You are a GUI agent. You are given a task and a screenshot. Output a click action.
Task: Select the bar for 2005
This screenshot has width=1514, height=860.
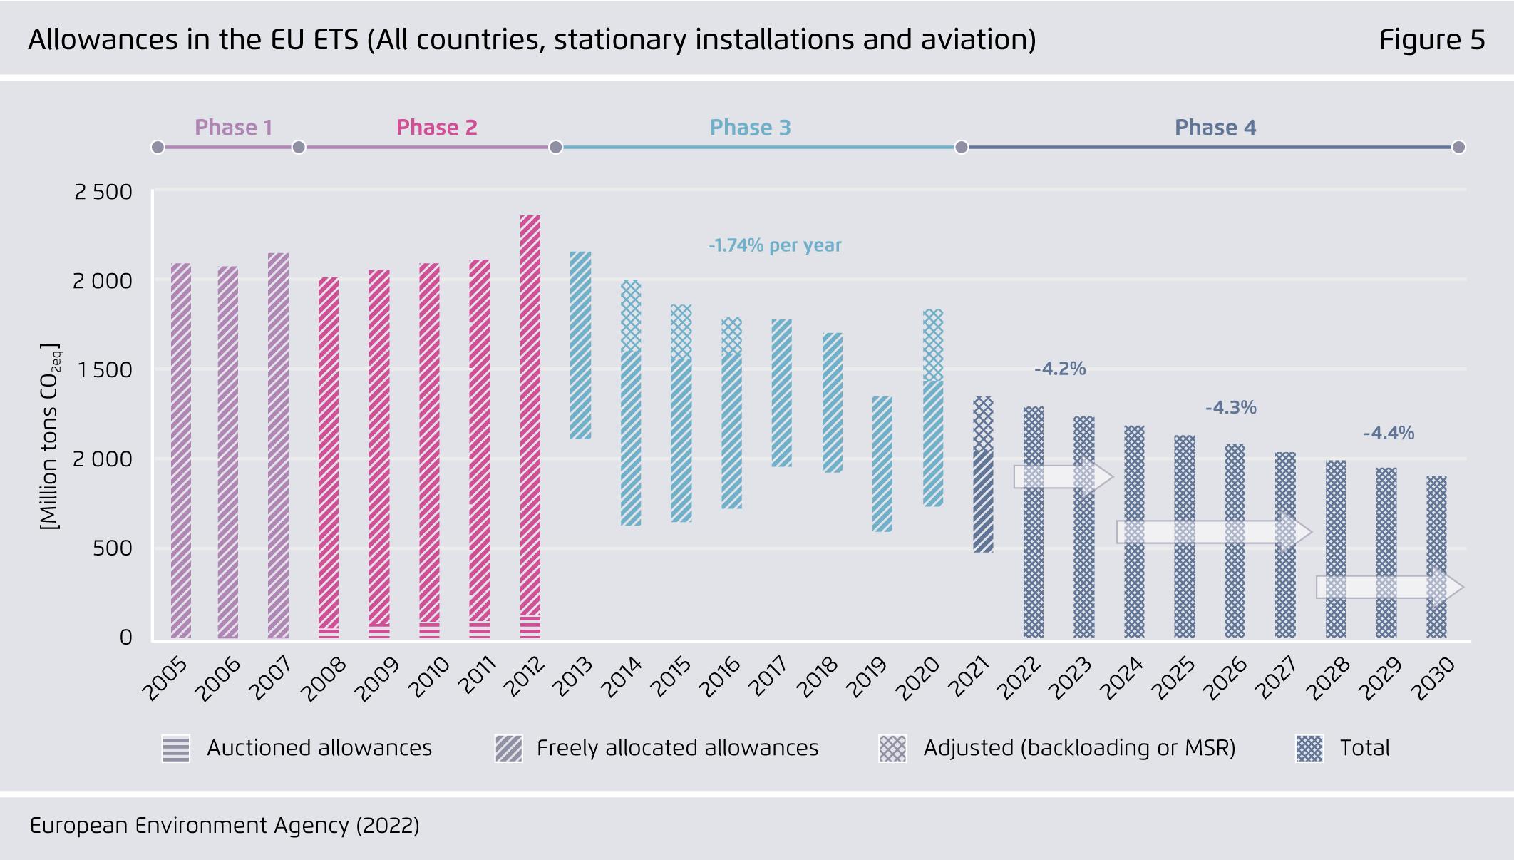click(x=181, y=451)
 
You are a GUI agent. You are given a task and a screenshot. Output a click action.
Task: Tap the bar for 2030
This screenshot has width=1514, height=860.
click(x=1436, y=556)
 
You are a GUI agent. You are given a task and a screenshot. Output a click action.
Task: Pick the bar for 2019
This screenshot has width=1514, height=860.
click(x=882, y=464)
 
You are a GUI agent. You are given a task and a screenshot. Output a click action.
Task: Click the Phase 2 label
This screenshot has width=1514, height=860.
click(x=436, y=128)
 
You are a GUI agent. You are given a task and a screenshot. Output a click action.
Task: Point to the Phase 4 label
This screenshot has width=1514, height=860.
click(x=1215, y=128)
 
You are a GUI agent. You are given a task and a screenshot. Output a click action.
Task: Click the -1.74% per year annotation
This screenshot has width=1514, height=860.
click(x=775, y=245)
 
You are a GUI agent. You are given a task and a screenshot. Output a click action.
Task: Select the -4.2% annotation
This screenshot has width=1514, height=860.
click(x=1060, y=369)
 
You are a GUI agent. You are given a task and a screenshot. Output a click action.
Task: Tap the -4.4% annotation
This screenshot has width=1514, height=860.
click(x=1389, y=433)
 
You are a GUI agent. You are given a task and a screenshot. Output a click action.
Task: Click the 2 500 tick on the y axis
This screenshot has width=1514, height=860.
click(x=103, y=192)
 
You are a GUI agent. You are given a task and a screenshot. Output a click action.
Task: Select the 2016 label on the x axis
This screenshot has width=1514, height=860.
click(x=720, y=677)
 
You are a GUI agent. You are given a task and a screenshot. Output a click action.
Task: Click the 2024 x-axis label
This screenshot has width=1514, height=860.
click(x=1121, y=678)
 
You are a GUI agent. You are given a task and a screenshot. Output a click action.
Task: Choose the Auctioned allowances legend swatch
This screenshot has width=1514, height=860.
click(x=176, y=748)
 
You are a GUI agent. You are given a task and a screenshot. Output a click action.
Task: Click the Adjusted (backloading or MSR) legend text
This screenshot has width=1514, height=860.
click(x=1079, y=748)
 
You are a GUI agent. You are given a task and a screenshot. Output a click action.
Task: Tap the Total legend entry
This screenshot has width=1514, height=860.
click(x=1364, y=748)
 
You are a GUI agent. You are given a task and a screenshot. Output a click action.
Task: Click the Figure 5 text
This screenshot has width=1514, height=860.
click(x=1431, y=40)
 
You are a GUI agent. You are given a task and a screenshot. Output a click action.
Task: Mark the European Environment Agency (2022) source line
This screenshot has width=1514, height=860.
click(x=225, y=826)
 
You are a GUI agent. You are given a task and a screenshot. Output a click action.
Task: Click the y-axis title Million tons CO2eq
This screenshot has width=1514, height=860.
click(x=50, y=436)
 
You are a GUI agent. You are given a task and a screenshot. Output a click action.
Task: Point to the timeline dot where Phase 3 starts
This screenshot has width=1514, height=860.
click(x=555, y=148)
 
